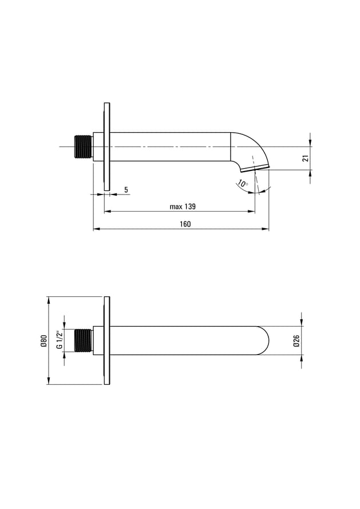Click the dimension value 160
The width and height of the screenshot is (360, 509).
[x=185, y=224]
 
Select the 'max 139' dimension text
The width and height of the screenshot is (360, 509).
[x=183, y=206]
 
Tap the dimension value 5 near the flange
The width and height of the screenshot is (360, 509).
[x=126, y=189]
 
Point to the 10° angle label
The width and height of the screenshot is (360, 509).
[x=243, y=184]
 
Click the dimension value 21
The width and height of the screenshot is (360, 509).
[x=305, y=158]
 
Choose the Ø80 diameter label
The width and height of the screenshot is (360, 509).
[x=44, y=341]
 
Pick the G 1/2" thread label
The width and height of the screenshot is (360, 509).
[x=60, y=340]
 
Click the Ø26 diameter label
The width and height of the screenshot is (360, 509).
[x=296, y=341]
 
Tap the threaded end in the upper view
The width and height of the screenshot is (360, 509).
[x=84, y=147]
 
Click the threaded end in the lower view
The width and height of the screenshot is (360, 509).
[x=84, y=340]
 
